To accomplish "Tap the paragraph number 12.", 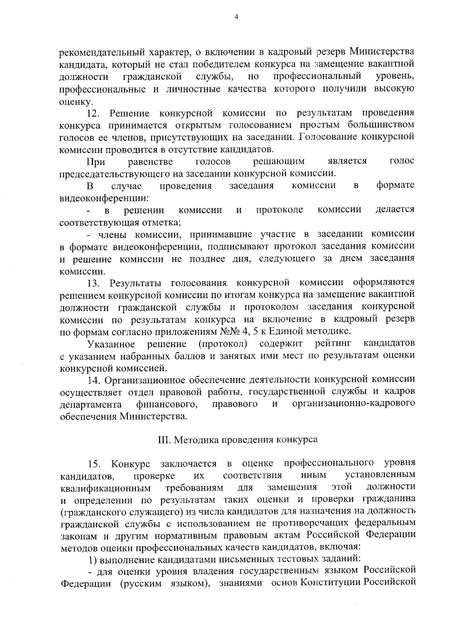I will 93,113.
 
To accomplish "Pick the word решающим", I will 279,162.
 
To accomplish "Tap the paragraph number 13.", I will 93,283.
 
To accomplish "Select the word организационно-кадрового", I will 353,404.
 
